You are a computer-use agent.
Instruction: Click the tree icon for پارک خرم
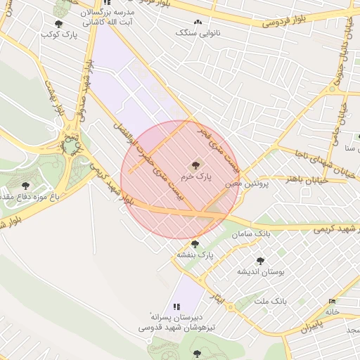tap(195, 165)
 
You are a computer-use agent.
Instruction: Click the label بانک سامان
tap(254, 233)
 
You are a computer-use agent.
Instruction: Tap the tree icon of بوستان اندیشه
tap(260, 260)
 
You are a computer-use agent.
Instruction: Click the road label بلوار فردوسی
tap(288, 20)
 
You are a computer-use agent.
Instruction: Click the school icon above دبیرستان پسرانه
tap(176, 307)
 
